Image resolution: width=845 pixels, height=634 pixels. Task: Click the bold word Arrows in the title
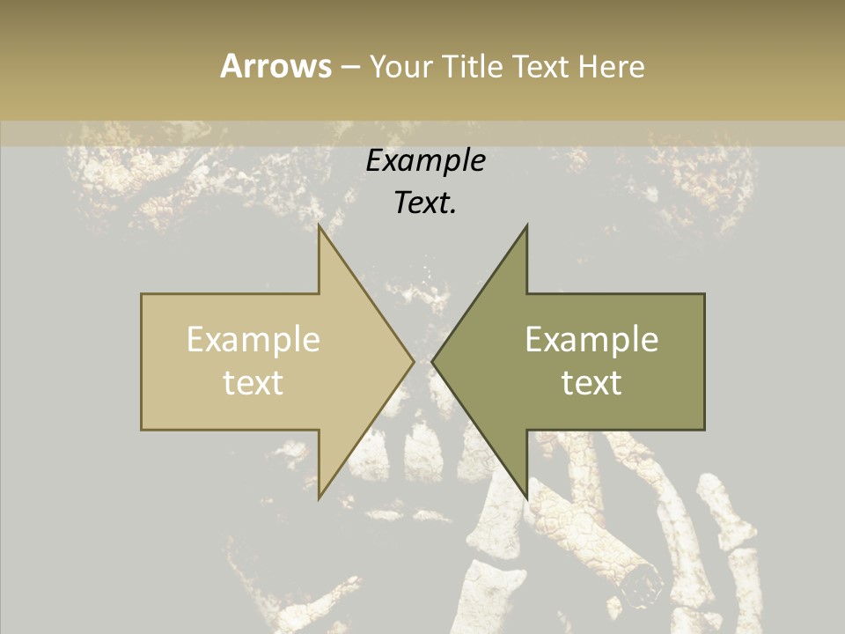pyautogui.click(x=276, y=66)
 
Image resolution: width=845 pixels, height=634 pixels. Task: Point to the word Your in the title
pyautogui.click(x=400, y=66)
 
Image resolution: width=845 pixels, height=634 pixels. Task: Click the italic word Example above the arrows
pyautogui.click(x=425, y=161)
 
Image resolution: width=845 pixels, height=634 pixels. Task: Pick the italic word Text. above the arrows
pyautogui.click(x=425, y=203)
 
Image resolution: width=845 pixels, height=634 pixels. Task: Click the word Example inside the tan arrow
pyautogui.click(x=253, y=340)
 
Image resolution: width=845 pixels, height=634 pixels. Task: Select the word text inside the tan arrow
pyautogui.click(x=253, y=382)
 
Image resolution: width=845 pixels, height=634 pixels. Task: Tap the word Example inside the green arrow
pyautogui.click(x=591, y=340)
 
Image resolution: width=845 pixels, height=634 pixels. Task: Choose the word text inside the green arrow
pyautogui.click(x=591, y=382)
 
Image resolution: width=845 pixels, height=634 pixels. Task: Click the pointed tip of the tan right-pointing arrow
pyautogui.click(x=414, y=361)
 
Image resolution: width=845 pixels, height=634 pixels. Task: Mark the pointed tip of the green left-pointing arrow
pyautogui.click(x=432, y=361)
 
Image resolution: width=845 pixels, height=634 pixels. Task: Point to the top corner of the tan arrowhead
pyautogui.click(x=320, y=225)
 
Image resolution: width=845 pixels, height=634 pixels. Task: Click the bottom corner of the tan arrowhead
pyautogui.click(x=320, y=498)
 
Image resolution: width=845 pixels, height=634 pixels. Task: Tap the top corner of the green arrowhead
pyautogui.click(x=526, y=225)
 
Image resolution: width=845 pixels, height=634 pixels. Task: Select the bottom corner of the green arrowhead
pyautogui.click(x=526, y=498)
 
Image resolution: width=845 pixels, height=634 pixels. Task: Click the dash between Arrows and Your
pyautogui.click(x=349, y=68)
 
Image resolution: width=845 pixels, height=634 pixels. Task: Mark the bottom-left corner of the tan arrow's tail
pyautogui.click(x=142, y=430)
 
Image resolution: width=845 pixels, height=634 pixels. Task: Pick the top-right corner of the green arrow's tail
pyautogui.click(x=704, y=294)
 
